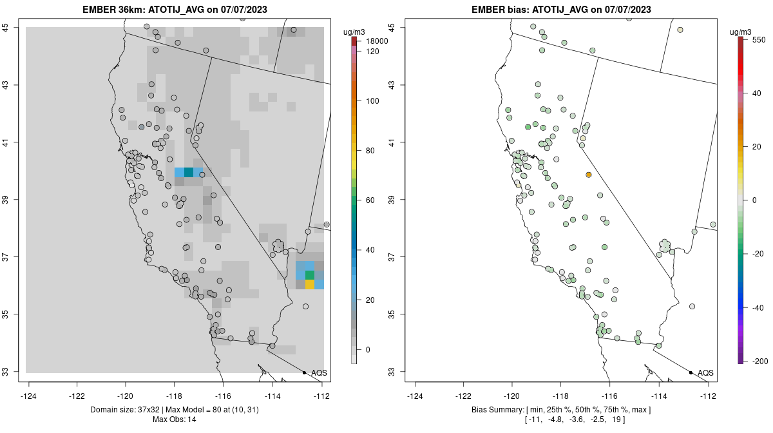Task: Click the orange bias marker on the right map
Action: [x=589, y=175]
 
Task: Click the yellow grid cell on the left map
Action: [x=310, y=284]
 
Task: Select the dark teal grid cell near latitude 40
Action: [x=189, y=172]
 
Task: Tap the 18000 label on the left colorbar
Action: [x=373, y=41]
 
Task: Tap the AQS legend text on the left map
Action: [x=319, y=373]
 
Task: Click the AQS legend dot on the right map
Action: [x=691, y=372]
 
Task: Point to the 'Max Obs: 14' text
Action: [x=175, y=419]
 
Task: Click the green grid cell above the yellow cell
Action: [x=310, y=275]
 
